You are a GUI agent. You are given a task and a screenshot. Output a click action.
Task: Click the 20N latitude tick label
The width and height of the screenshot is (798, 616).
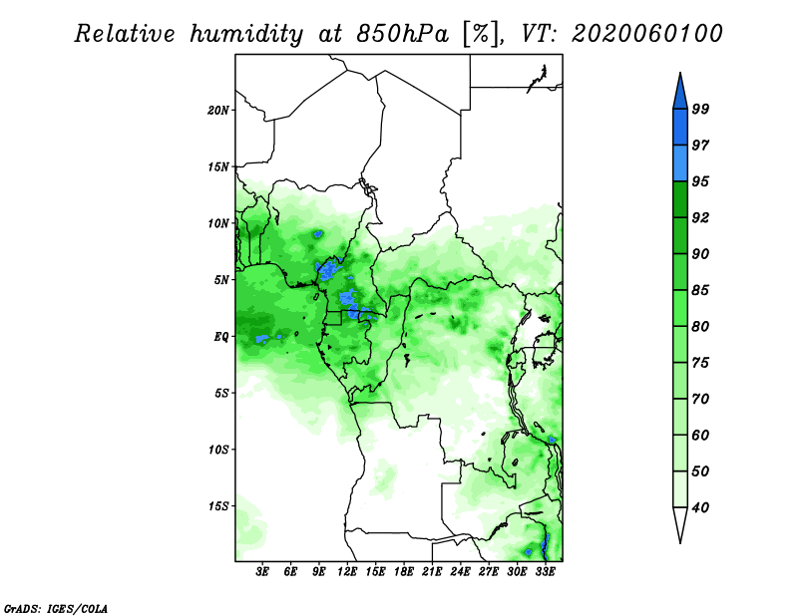click(x=218, y=111)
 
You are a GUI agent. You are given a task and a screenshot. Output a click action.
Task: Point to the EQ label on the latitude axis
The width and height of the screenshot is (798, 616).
click(x=221, y=337)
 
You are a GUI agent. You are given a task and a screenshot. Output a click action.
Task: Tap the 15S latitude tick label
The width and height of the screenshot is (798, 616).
click(x=218, y=506)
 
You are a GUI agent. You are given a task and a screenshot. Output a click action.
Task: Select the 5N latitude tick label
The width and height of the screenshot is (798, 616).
click(x=221, y=280)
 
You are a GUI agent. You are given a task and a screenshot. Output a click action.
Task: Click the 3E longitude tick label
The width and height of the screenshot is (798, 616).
click(x=262, y=571)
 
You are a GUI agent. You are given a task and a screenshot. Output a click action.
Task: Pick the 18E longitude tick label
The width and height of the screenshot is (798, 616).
click(x=404, y=571)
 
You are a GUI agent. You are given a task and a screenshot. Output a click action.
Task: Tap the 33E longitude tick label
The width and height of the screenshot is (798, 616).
click(x=545, y=571)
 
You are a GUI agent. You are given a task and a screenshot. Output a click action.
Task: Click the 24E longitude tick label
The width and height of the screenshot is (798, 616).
click(x=460, y=571)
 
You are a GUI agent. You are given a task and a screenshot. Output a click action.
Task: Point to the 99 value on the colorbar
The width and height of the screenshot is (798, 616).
click(x=700, y=109)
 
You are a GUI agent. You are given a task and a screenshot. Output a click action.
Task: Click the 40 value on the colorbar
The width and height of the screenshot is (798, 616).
click(x=700, y=507)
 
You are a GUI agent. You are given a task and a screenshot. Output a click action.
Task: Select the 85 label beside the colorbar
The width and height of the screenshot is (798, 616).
click(x=700, y=290)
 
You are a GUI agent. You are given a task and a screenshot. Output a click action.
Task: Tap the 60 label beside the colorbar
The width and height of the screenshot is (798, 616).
click(x=700, y=435)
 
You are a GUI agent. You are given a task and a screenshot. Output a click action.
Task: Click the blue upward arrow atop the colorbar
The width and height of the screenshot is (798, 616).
click(x=680, y=92)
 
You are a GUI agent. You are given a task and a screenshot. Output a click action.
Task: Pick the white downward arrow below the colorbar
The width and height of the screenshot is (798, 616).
click(x=680, y=524)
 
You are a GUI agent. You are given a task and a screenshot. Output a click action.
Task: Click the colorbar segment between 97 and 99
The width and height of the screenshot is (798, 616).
click(x=680, y=128)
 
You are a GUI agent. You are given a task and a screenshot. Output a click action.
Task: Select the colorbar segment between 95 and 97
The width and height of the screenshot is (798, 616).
click(x=680, y=163)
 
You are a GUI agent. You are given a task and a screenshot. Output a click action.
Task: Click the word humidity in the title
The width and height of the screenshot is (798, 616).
click(x=246, y=34)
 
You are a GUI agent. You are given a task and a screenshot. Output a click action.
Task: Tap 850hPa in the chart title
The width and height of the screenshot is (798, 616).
click(x=402, y=34)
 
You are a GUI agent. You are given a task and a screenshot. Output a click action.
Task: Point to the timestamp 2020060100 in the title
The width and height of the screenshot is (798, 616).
click(x=646, y=34)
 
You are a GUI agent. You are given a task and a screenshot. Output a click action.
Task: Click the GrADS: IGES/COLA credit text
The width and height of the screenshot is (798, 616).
click(x=56, y=608)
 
